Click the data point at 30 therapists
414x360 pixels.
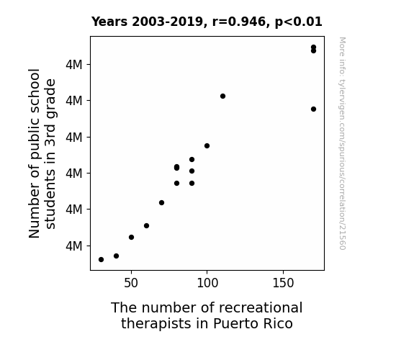point(101,260)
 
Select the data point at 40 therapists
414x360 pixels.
point(116,256)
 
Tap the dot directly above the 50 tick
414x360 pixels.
point(131,237)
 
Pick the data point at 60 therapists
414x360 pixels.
point(147,225)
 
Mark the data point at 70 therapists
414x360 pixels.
point(161,202)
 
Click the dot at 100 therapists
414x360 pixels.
point(207,145)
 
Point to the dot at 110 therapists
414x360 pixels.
point(223,96)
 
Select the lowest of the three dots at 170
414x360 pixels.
point(313,109)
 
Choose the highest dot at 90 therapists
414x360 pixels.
point(192,160)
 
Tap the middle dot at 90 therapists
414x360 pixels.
point(192,171)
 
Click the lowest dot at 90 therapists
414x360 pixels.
point(192,184)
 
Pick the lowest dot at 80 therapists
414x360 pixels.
point(177,184)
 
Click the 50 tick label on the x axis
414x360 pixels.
point(131,283)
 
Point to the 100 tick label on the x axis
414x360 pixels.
point(207,283)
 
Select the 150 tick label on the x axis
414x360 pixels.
point(283,283)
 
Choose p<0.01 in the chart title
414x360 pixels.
point(298,22)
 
